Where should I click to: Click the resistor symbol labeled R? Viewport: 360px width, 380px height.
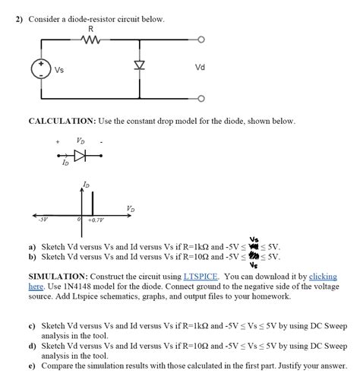91,39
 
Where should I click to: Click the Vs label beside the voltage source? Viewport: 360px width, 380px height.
58,71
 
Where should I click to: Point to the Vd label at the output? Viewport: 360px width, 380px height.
200,67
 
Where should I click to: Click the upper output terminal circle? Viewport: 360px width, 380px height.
201,39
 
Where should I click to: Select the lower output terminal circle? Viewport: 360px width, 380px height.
201,97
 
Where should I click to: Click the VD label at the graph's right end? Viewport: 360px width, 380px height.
131,208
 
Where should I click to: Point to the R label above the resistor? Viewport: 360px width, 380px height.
91,29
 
